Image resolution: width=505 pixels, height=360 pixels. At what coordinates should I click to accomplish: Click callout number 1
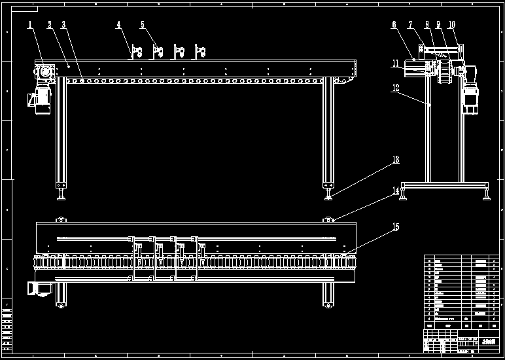(29, 26)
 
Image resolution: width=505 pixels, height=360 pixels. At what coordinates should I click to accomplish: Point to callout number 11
(395, 63)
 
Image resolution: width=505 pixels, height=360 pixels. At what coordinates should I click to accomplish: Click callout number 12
(395, 86)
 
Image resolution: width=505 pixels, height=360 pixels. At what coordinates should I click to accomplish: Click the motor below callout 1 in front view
(41, 100)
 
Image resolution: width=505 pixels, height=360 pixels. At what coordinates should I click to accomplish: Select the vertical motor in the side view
(469, 98)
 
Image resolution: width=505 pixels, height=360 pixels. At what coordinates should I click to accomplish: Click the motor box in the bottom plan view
(40, 289)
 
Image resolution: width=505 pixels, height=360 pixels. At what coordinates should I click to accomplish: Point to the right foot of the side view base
(486, 194)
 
